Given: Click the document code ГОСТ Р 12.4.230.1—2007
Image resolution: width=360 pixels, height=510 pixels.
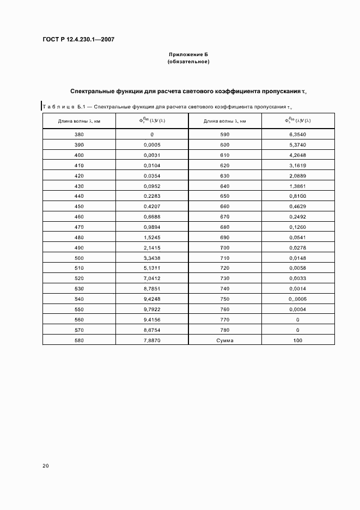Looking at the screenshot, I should pos(78,40).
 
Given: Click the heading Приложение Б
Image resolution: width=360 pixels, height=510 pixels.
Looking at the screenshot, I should pos(188,55).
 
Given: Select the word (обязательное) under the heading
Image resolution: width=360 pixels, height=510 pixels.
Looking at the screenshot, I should pos(188,62).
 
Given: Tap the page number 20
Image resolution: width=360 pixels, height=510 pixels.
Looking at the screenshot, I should pos(45,465).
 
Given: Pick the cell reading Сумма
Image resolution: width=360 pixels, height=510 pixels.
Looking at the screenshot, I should pos(225,339).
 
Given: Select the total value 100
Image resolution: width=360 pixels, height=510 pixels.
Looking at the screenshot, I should pos(297,339).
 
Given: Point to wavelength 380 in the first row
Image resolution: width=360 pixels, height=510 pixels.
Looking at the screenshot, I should pos(79,134).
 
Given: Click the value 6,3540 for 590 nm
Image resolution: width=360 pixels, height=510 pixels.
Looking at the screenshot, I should pos(297,134).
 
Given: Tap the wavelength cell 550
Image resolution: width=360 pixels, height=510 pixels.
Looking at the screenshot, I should pos(79,309).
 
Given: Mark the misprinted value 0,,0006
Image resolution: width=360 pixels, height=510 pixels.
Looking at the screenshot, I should pos(297,299).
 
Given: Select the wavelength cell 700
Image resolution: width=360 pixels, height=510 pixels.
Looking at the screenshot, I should pos(225,248).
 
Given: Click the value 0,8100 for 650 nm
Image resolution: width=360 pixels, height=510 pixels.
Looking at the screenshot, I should pos(297,196).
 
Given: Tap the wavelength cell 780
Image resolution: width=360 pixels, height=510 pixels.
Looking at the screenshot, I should pos(225,330).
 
